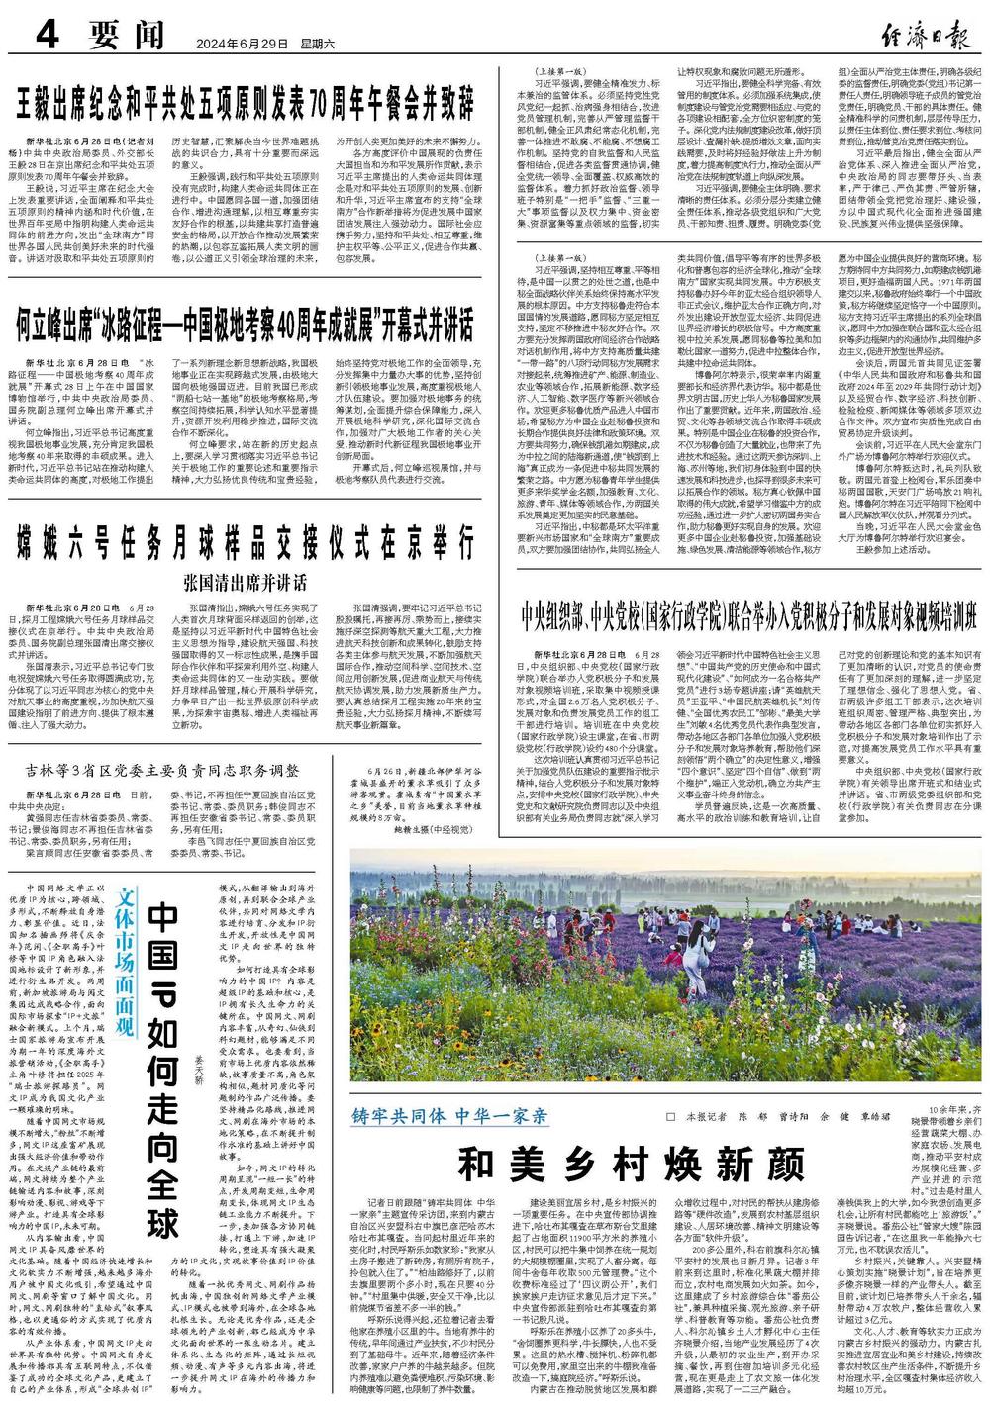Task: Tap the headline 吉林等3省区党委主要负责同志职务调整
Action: pos(177,769)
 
